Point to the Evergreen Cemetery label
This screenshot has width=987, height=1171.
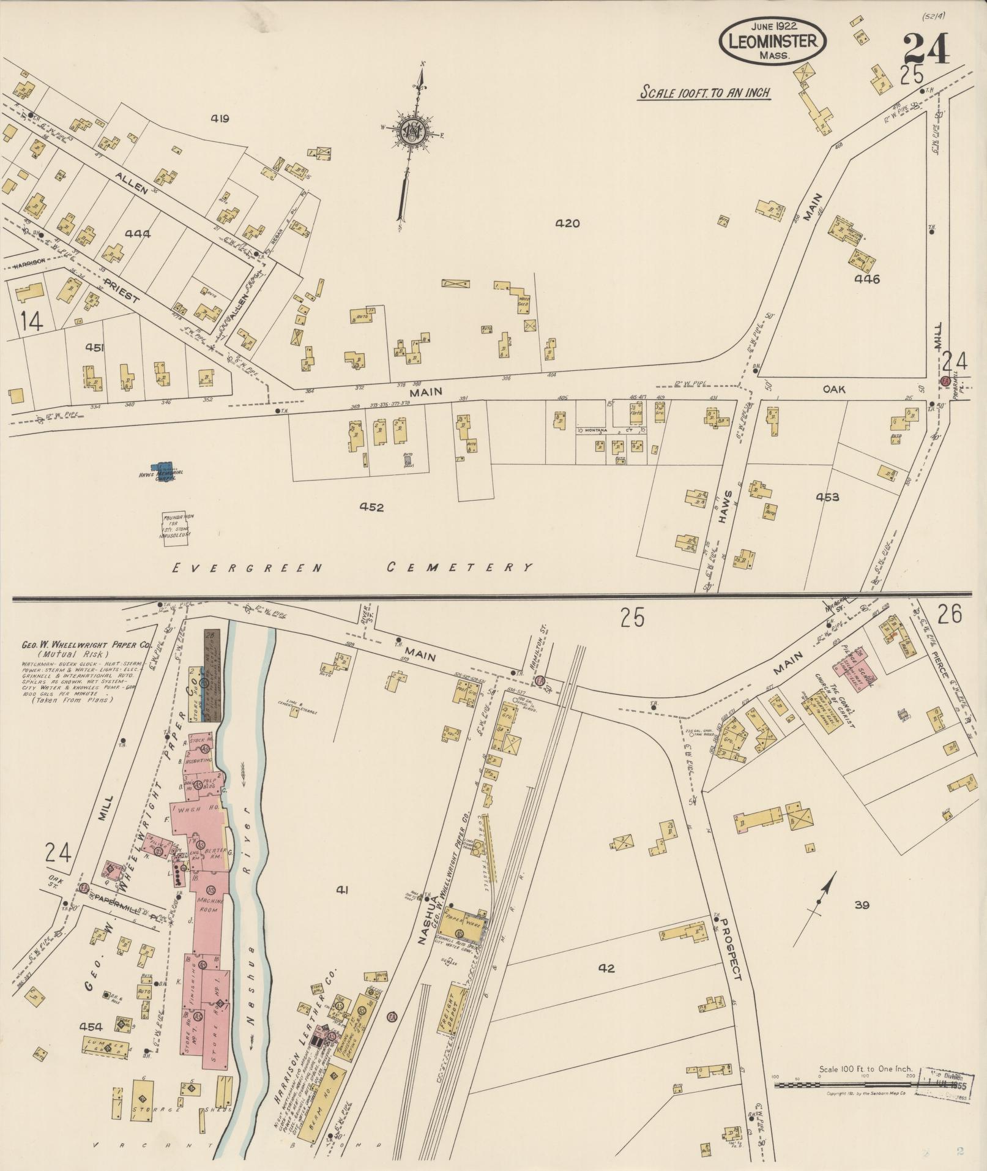click(352, 567)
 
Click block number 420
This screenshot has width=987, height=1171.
click(567, 224)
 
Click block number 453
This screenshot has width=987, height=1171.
click(827, 497)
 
